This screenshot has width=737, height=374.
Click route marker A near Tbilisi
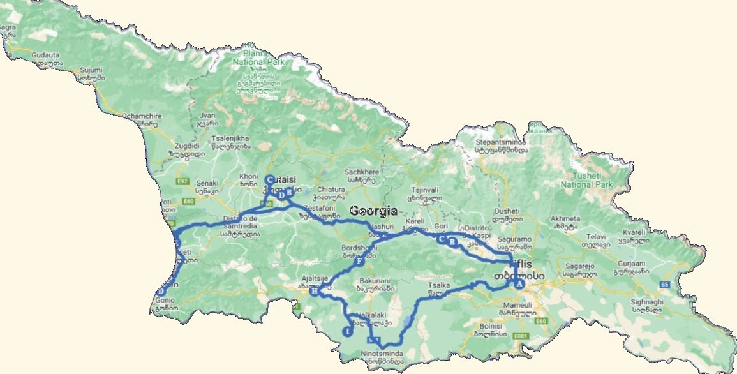pyautogui.click(x=519, y=284)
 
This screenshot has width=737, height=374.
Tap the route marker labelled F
pyautogui.click(x=359, y=262)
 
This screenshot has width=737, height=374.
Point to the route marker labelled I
pyautogui.click(x=347, y=331)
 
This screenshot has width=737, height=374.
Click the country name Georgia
pyautogui.click(x=373, y=211)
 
